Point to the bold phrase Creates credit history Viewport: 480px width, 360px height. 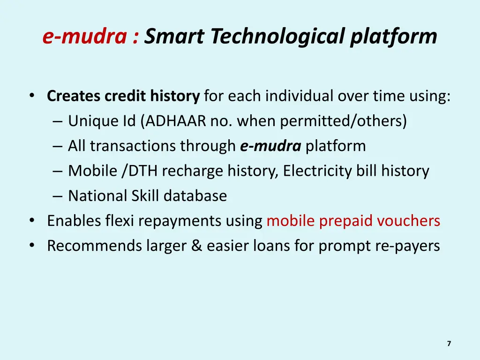tap(123, 96)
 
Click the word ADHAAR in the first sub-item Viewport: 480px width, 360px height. tap(176, 121)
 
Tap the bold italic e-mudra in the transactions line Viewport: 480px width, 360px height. tap(270, 146)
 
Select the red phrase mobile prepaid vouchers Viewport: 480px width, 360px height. tap(353, 220)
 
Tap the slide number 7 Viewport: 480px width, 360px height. tap(449, 344)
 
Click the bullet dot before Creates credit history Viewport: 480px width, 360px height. tap(32, 96)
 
